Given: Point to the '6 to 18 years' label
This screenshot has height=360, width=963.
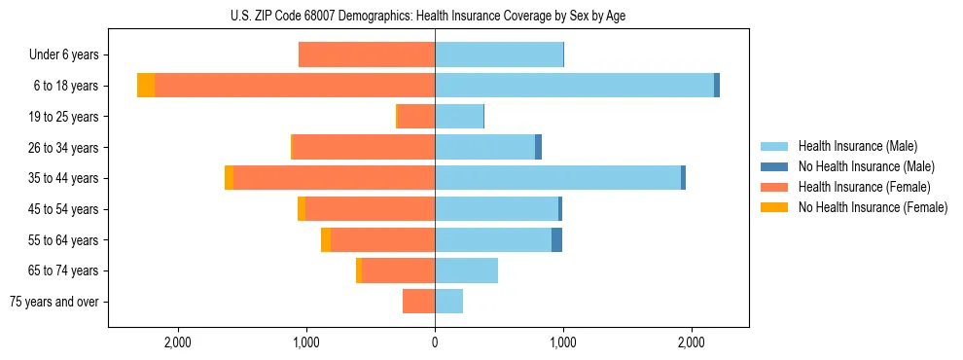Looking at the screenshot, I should point(66,86).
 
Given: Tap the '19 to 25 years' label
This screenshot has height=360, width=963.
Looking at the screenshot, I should point(64,117).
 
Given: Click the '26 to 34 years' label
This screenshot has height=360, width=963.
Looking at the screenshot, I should point(64,148).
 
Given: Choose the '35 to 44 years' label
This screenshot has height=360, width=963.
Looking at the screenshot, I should point(64,178).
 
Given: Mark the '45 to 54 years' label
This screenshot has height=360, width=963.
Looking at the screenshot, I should point(64,209).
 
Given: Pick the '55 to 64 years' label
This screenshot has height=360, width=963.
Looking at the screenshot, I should point(64,240).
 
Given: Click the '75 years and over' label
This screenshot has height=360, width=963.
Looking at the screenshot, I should point(54,302).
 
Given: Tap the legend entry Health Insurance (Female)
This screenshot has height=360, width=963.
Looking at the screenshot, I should point(864,187).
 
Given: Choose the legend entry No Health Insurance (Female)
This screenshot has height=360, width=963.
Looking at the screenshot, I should point(873,207).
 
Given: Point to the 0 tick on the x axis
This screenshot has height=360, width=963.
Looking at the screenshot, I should point(435,342).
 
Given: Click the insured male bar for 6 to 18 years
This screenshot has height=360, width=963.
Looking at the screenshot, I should point(574,86).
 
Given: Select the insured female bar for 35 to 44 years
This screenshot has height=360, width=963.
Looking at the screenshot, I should point(334,178).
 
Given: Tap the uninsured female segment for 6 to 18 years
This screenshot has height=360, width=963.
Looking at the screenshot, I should point(146,86).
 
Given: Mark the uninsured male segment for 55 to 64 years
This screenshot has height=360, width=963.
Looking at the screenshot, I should point(556,240).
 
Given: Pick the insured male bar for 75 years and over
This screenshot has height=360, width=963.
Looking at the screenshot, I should point(448,302).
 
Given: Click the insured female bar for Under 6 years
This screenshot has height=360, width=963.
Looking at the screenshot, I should point(367,55).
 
